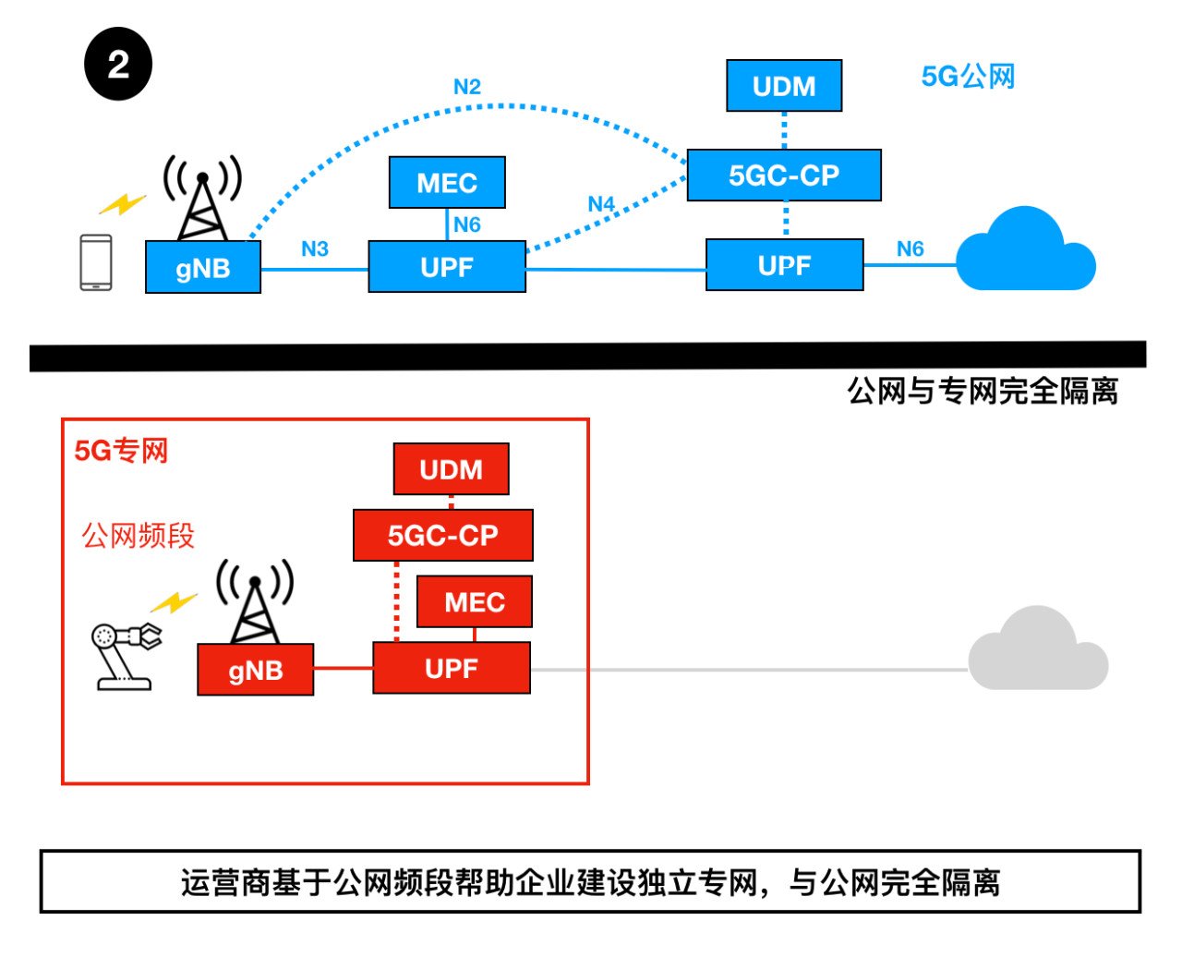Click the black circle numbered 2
click(x=118, y=65)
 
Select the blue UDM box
click(x=784, y=86)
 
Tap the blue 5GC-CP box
click(x=784, y=175)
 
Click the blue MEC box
click(x=447, y=183)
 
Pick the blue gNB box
click(x=203, y=268)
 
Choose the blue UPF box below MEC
click(x=447, y=267)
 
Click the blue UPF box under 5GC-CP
click(x=784, y=265)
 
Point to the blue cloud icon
click(x=1025, y=253)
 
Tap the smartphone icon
click(x=96, y=263)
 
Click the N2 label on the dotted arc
click(x=467, y=87)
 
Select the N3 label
click(x=315, y=249)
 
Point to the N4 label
click(x=601, y=203)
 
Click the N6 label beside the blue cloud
click(x=910, y=248)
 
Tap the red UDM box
click(x=451, y=469)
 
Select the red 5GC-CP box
click(x=443, y=535)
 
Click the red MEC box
click(x=475, y=602)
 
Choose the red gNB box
click(x=256, y=670)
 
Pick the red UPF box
click(x=452, y=668)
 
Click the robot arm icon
click(x=124, y=654)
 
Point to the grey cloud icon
click(x=1037, y=651)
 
